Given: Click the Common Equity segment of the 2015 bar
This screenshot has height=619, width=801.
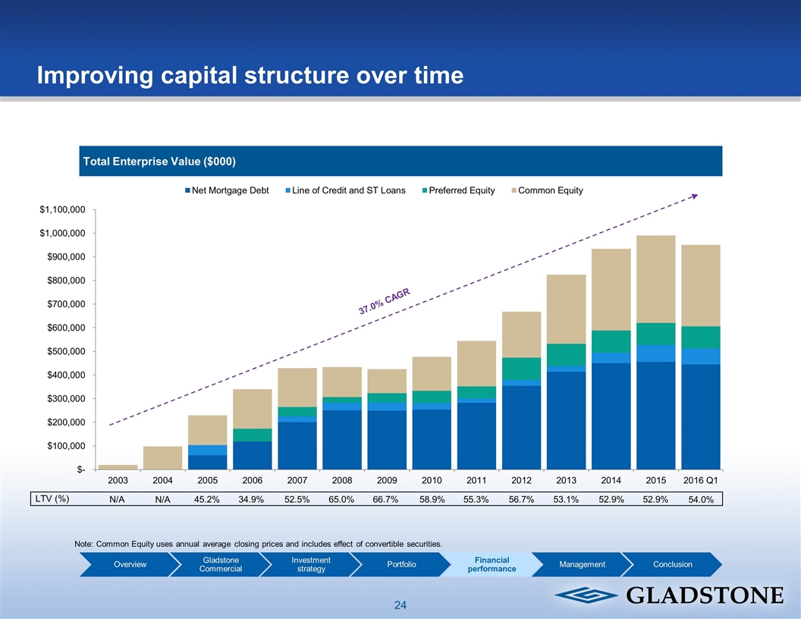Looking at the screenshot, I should pyautogui.click(x=656, y=278).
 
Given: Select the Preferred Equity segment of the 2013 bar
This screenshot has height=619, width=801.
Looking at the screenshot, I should pyautogui.click(x=567, y=354).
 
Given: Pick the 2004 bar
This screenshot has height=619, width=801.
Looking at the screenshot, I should pyautogui.click(x=163, y=457).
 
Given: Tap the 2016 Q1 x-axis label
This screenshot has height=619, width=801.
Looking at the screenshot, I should pyautogui.click(x=701, y=480).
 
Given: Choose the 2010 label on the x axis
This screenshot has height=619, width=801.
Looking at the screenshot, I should pyautogui.click(x=432, y=480).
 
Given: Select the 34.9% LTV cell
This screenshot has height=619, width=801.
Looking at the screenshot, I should pyautogui.click(x=253, y=499).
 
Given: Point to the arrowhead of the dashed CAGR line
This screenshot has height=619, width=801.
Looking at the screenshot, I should pyautogui.click(x=694, y=196).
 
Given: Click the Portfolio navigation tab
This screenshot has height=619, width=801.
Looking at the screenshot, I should pyautogui.click(x=401, y=564).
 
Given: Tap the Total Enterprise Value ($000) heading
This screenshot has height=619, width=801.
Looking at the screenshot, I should pyautogui.click(x=160, y=161).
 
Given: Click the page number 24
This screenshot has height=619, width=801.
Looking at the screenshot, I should pyautogui.click(x=400, y=605).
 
